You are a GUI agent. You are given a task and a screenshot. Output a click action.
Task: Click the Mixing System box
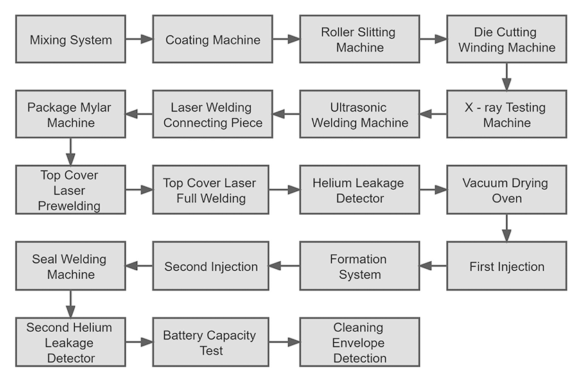[71, 39]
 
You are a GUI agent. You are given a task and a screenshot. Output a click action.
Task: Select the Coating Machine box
[213, 39]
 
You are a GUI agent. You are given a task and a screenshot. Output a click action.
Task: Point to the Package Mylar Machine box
[71, 115]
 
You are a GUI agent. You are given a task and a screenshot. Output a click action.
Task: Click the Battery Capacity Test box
[209, 342]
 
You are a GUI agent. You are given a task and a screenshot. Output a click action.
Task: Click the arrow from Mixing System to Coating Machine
[139, 39]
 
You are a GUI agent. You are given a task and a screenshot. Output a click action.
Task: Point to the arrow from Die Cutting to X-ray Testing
[506, 77]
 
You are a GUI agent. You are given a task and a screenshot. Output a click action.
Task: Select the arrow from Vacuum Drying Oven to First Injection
[506, 228]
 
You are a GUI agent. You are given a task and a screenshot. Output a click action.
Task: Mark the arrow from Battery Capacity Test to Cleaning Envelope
[284, 342]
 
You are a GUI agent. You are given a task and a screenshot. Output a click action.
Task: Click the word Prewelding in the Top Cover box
[71, 206]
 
